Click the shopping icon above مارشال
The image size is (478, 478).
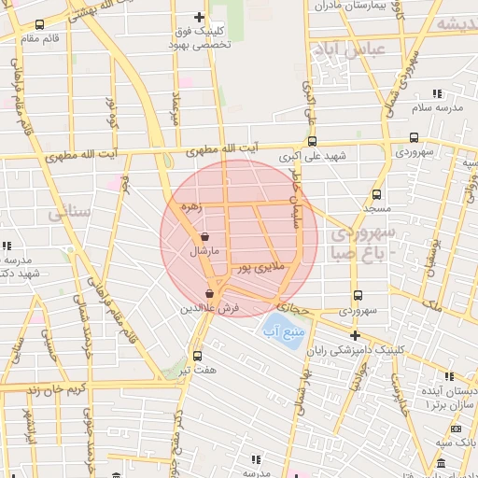point(204,237)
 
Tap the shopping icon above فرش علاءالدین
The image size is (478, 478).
point(208,294)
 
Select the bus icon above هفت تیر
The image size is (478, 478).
point(197,356)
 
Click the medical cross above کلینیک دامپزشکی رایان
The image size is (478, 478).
point(354,335)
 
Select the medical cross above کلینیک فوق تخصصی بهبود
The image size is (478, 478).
point(199,17)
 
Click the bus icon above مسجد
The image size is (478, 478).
point(376,195)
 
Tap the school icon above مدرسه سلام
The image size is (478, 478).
point(436,93)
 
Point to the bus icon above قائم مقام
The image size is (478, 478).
point(39,24)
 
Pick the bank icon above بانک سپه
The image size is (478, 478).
point(456,429)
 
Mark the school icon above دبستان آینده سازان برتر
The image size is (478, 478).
point(449,376)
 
